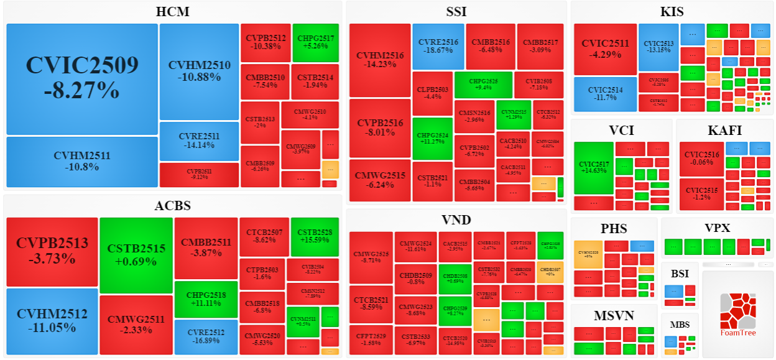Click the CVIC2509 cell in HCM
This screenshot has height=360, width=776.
[81, 79]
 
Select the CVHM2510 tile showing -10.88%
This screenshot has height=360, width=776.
[199, 71]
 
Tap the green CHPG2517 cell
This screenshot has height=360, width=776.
[315, 42]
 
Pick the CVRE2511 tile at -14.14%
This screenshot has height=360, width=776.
[199, 141]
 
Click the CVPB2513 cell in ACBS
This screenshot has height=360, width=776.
[52, 251]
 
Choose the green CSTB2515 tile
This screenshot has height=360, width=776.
[136, 256]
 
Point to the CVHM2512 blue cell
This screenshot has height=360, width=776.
[52, 320]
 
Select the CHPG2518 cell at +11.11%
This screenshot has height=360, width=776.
[205, 299]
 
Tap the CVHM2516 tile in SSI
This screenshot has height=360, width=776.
[380, 60]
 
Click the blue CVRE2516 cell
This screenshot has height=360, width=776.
[438, 46]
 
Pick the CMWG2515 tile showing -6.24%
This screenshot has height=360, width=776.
[380, 180]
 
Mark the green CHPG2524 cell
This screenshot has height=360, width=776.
[433, 138]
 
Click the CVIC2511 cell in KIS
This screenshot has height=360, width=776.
[605, 48]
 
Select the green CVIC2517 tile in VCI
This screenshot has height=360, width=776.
[593, 168]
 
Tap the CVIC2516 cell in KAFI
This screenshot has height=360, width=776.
[702, 159]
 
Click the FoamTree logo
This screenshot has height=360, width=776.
[738, 314]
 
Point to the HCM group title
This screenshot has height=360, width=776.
[173, 12]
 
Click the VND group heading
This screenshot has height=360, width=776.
[456, 219]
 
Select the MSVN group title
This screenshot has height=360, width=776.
[614, 316]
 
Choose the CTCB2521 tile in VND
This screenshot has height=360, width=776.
[371, 304]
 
